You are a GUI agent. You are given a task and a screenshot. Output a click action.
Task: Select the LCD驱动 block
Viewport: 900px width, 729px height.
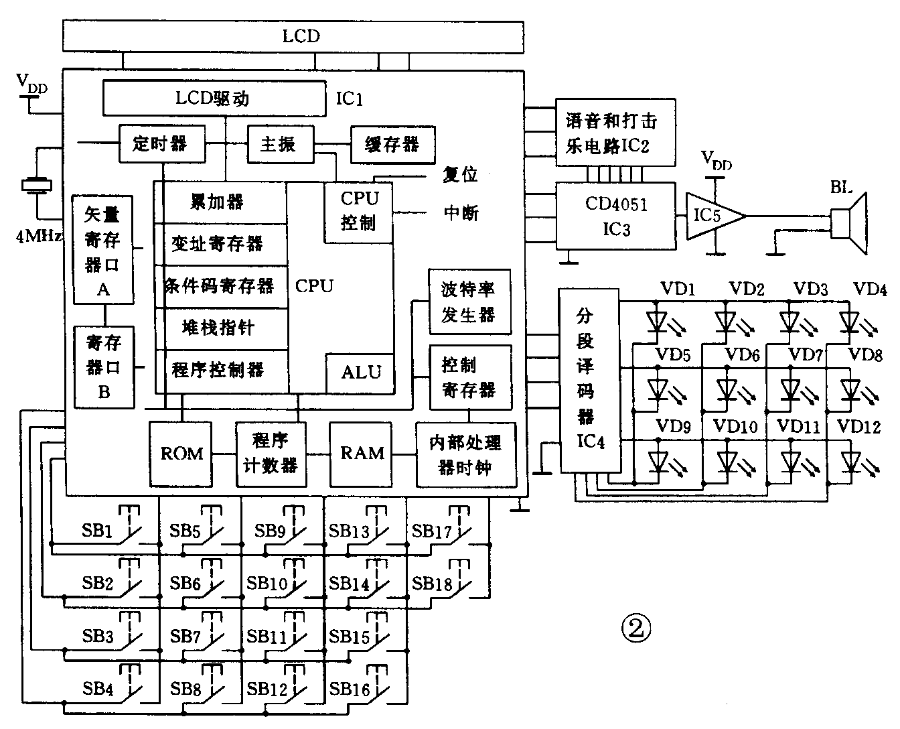pyautogui.click(x=213, y=98)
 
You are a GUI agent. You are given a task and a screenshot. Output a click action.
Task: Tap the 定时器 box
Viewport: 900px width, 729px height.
pyautogui.click(x=161, y=143)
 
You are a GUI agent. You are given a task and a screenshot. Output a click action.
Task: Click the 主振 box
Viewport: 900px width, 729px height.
pyautogui.click(x=280, y=143)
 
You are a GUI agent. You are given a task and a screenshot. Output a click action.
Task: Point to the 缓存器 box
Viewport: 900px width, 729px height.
pyautogui.click(x=392, y=144)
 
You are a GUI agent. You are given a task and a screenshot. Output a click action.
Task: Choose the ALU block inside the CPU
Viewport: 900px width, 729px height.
pyautogui.click(x=360, y=373)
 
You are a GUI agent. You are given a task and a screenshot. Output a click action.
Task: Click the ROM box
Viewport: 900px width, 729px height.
pyautogui.click(x=181, y=454)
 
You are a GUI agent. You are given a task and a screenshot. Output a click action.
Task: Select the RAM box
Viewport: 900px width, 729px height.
pyautogui.click(x=362, y=454)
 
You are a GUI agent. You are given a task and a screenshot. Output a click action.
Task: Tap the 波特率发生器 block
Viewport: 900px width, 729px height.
pyautogui.click(x=469, y=302)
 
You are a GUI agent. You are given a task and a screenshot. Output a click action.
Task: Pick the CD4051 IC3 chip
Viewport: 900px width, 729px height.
pyautogui.click(x=616, y=216)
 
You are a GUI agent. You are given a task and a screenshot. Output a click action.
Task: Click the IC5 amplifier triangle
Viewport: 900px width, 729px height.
pyautogui.click(x=711, y=216)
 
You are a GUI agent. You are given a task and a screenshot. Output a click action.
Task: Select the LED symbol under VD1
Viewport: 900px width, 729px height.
pyautogui.click(x=658, y=320)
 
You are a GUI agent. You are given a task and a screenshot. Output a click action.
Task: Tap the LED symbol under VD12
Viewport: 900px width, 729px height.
pyautogui.click(x=851, y=460)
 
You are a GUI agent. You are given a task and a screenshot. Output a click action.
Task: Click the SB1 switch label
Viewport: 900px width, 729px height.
pyautogui.click(x=98, y=532)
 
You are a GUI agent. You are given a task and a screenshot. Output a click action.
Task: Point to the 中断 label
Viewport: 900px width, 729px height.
pyautogui.click(x=461, y=214)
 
